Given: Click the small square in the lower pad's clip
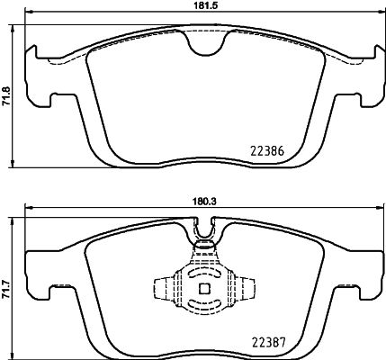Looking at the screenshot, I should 202,289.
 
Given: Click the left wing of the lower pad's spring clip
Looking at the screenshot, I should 163,289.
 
